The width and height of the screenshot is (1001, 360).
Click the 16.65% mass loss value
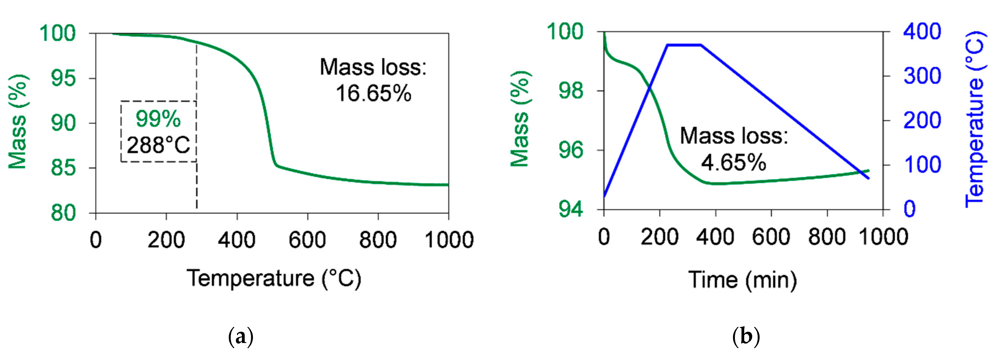(x=373, y=94)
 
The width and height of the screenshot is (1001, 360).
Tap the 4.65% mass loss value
(x=733, y=162)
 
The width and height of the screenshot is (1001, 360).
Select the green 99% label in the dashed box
(x=158, y=119)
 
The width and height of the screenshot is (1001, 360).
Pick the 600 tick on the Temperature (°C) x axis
(x=307, y=240)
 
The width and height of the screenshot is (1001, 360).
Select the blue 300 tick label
(x=922, y=76)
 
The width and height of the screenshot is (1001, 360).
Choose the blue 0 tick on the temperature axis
(x=910, y=209)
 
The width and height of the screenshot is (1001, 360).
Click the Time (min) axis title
(x=743, y=280)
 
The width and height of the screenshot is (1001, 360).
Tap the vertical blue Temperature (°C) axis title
(x=975, y=119)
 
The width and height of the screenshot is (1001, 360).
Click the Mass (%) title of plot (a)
(x=18, y=122)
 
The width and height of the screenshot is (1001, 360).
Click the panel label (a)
(x=241, y=337)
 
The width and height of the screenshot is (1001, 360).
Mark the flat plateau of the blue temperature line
(x=684, y=45)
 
